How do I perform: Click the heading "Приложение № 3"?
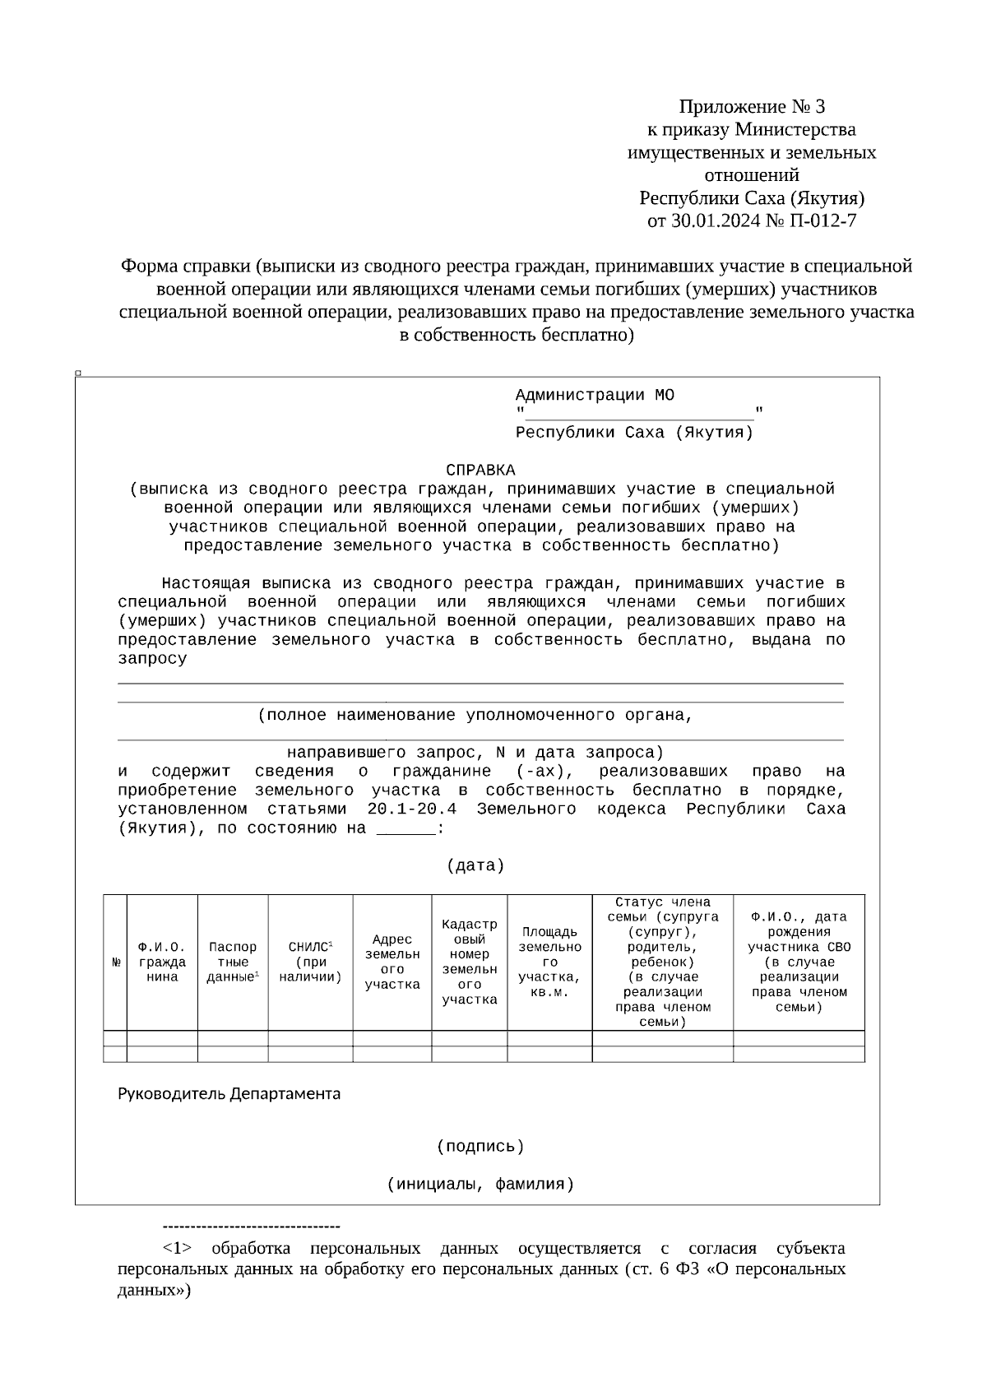(x=751, y=107)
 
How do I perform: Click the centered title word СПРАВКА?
(x=480, y=471)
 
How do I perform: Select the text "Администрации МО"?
(x=595, y=396)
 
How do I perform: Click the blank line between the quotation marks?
(x=639, y=412)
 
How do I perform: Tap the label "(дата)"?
(x=475, y=866)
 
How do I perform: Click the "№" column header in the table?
(x=116, y=962)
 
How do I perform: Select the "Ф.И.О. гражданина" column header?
(x=162, y=962)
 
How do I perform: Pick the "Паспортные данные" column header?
(x=233, y=962)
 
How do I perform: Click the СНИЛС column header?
(x=310, y=962)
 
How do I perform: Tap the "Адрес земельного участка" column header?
(x=392, y=962)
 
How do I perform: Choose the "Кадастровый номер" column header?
(x=469, y=962)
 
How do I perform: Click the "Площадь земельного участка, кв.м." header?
(x=549, y=962)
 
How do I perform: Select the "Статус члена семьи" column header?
(x=662, y=962)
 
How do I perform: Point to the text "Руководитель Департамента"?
(x=229, y=1094)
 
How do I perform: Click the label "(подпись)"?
(x=480, y=1147)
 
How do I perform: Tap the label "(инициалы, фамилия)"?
(x=480, y=1185)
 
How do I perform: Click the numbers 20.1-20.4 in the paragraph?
(x=411, y=809)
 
